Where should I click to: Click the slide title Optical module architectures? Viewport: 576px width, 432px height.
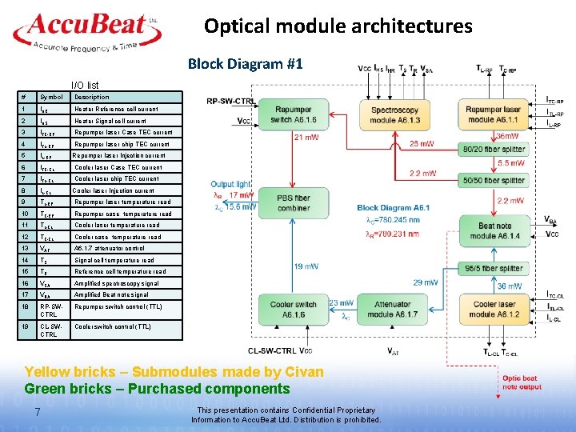click(x=338, y=26)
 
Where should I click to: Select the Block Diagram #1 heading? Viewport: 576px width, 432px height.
click(x=245, y=63)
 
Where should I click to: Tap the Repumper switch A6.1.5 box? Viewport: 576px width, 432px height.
click(x=294, y=114)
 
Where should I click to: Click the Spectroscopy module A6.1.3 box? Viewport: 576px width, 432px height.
click(x=394, y=114)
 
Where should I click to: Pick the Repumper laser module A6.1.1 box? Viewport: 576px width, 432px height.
click(x=494, y=114)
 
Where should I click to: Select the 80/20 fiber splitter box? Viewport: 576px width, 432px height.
click(x=494, y=149)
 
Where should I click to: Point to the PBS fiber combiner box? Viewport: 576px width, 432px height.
click(x=294, y=202)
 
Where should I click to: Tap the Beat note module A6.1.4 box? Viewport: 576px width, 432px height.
click(x=494, y=231)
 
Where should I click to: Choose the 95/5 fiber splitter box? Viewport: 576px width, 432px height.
click(x=494, y=269)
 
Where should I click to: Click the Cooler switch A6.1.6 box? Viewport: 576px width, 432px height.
click(x=294, y=309)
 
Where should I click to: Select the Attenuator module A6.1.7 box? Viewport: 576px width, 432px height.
click(x=394, y=309)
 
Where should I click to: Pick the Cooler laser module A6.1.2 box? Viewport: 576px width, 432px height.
click(x=494, y=309)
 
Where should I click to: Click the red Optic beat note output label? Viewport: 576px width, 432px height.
click(x=520, y=382)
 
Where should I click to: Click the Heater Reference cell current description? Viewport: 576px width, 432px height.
click(x=116, y=109)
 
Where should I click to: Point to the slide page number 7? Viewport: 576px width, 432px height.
click(x=38, y=412)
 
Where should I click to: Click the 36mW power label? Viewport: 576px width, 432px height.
click(x=507, y=136)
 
